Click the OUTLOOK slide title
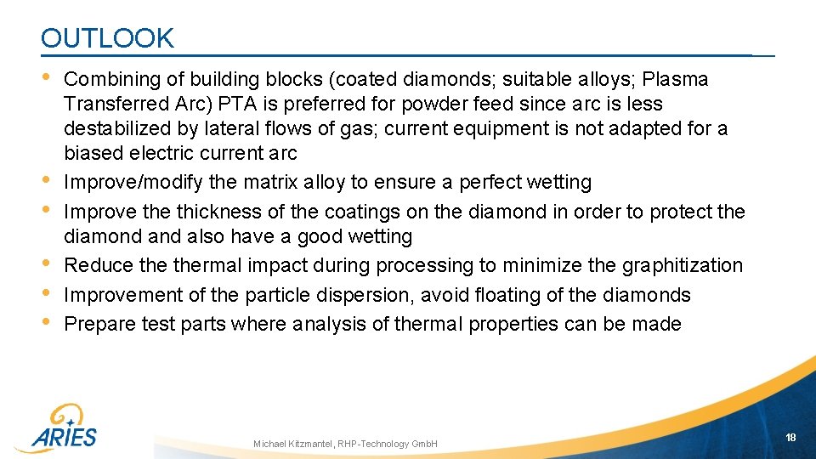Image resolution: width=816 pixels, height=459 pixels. [107, 38]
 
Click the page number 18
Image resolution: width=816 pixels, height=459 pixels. [790, 437]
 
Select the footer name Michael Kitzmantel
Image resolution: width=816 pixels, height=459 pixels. [293, 444]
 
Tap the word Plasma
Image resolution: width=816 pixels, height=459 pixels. [676, 79]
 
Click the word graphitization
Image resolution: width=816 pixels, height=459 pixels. [683, 265]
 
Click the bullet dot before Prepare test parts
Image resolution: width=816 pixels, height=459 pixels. [46, 322]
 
